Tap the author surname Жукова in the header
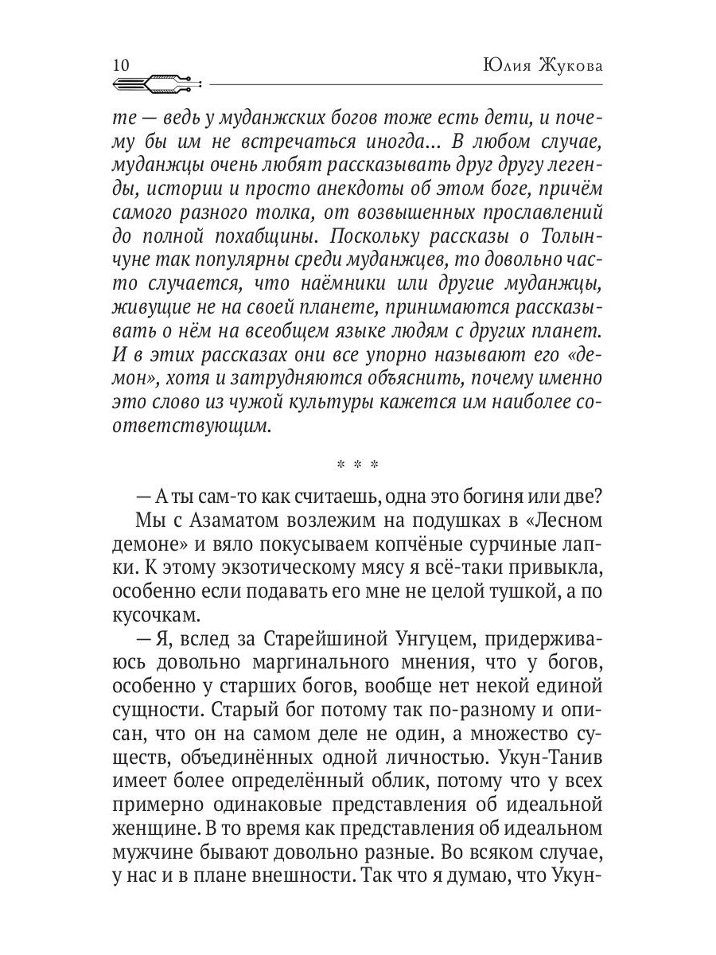pos(570,65)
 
